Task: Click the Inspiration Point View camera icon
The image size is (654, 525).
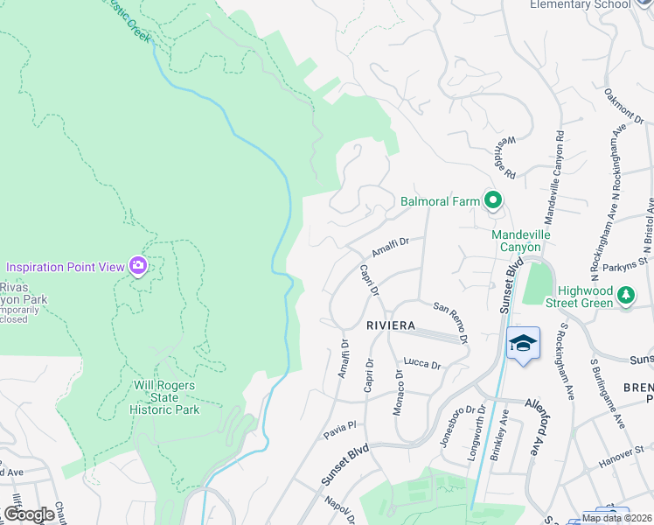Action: click(x=137, y=265)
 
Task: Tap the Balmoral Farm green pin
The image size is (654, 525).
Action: click(x=492, y=201)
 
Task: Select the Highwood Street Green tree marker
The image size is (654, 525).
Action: click(x=626, y=295)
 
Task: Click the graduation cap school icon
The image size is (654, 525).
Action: click(x=523, y=343)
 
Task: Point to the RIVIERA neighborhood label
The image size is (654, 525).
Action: click(x=390, y=325)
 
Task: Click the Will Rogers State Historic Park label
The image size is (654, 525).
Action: click(x=165, y=397)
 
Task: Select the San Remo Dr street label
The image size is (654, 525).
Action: click(x=451, y=320)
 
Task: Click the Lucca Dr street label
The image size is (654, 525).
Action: click(x=421, y=363)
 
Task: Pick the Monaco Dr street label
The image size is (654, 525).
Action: click(x=399, y=391)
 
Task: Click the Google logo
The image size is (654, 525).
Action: click(x=30, y=514)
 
